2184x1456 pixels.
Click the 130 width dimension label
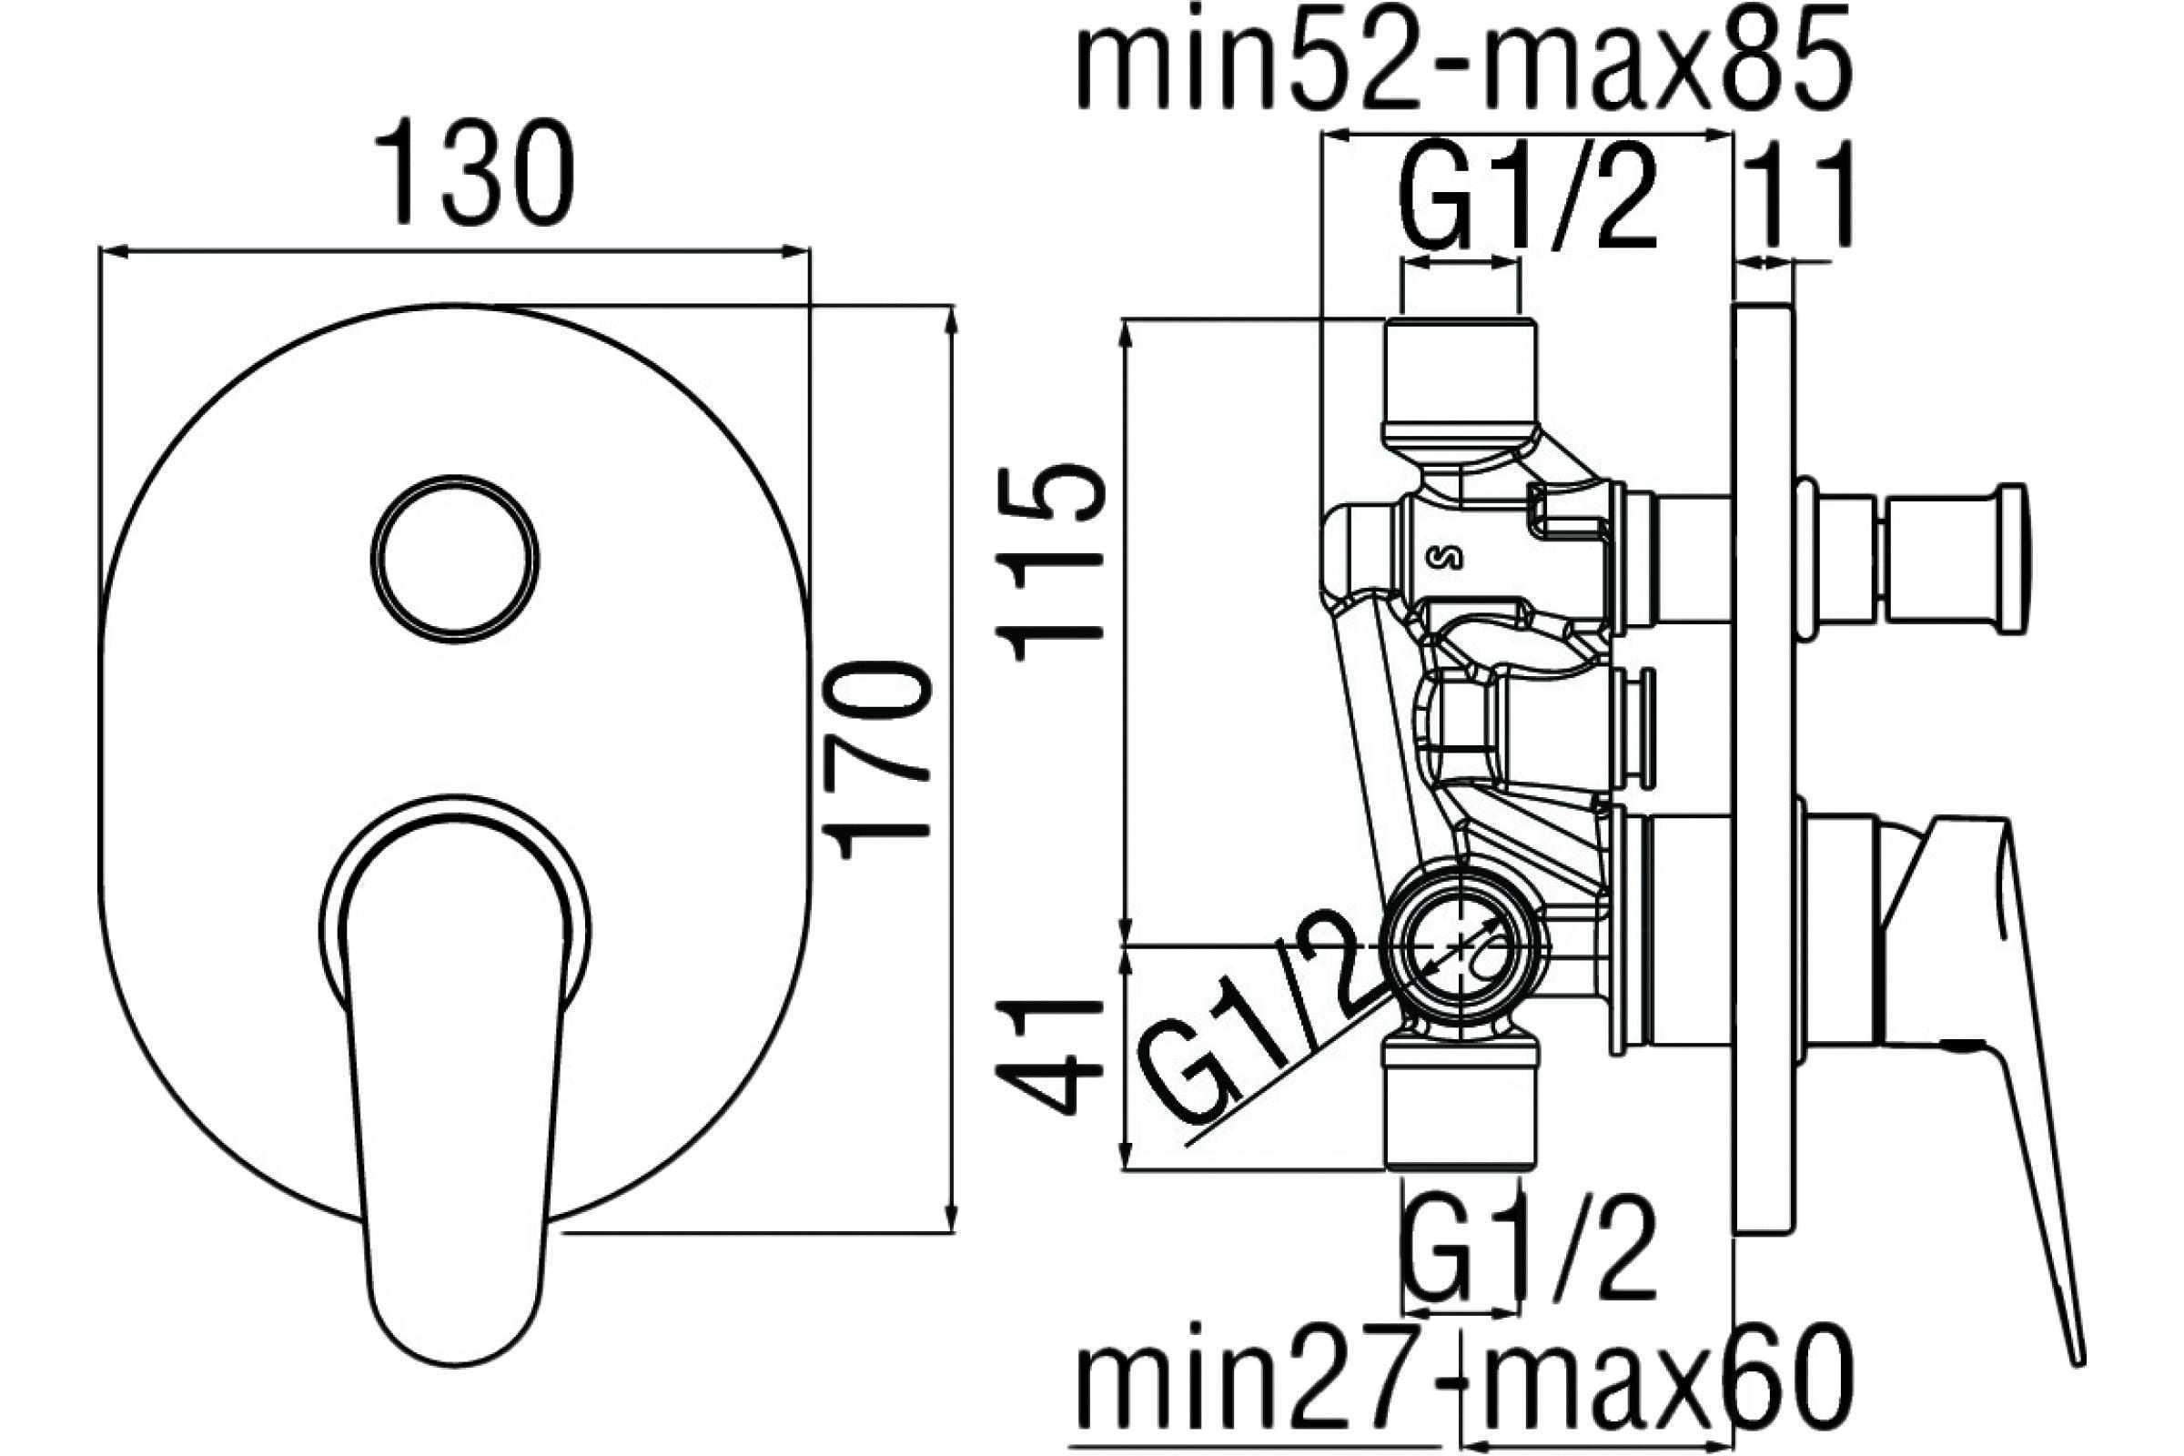pos(474,173)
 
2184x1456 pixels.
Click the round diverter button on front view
pos(454,558)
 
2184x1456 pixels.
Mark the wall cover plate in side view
pos(1764,767)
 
